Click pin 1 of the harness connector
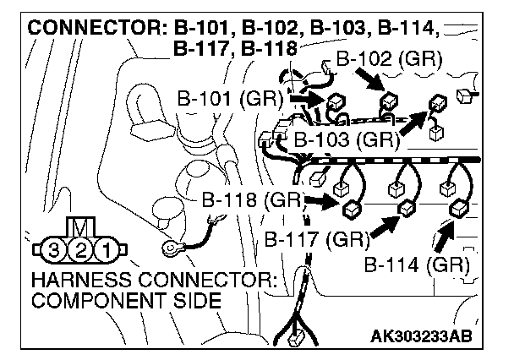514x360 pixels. (106, 249)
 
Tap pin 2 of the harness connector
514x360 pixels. (80, 249)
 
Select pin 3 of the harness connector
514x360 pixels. (55, 249)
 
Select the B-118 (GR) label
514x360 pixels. (252, 201)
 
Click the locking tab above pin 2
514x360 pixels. (80, 228)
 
